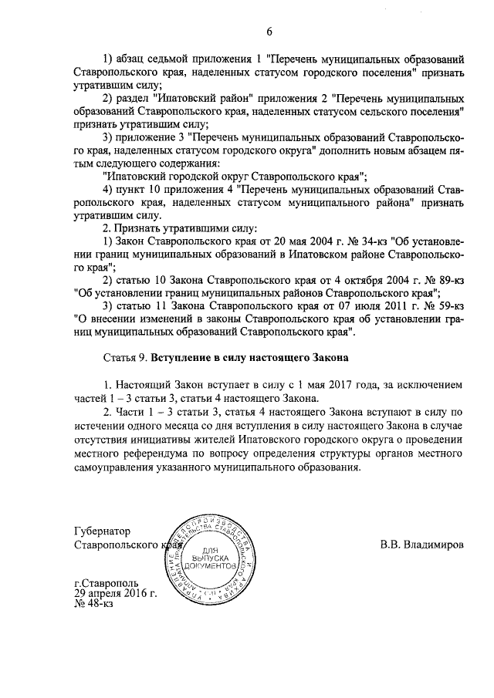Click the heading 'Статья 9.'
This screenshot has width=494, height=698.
tap(125, 358)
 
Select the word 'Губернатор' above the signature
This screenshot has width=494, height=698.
tap(103, 531)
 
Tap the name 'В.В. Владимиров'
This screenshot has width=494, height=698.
tap(422, 545)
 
